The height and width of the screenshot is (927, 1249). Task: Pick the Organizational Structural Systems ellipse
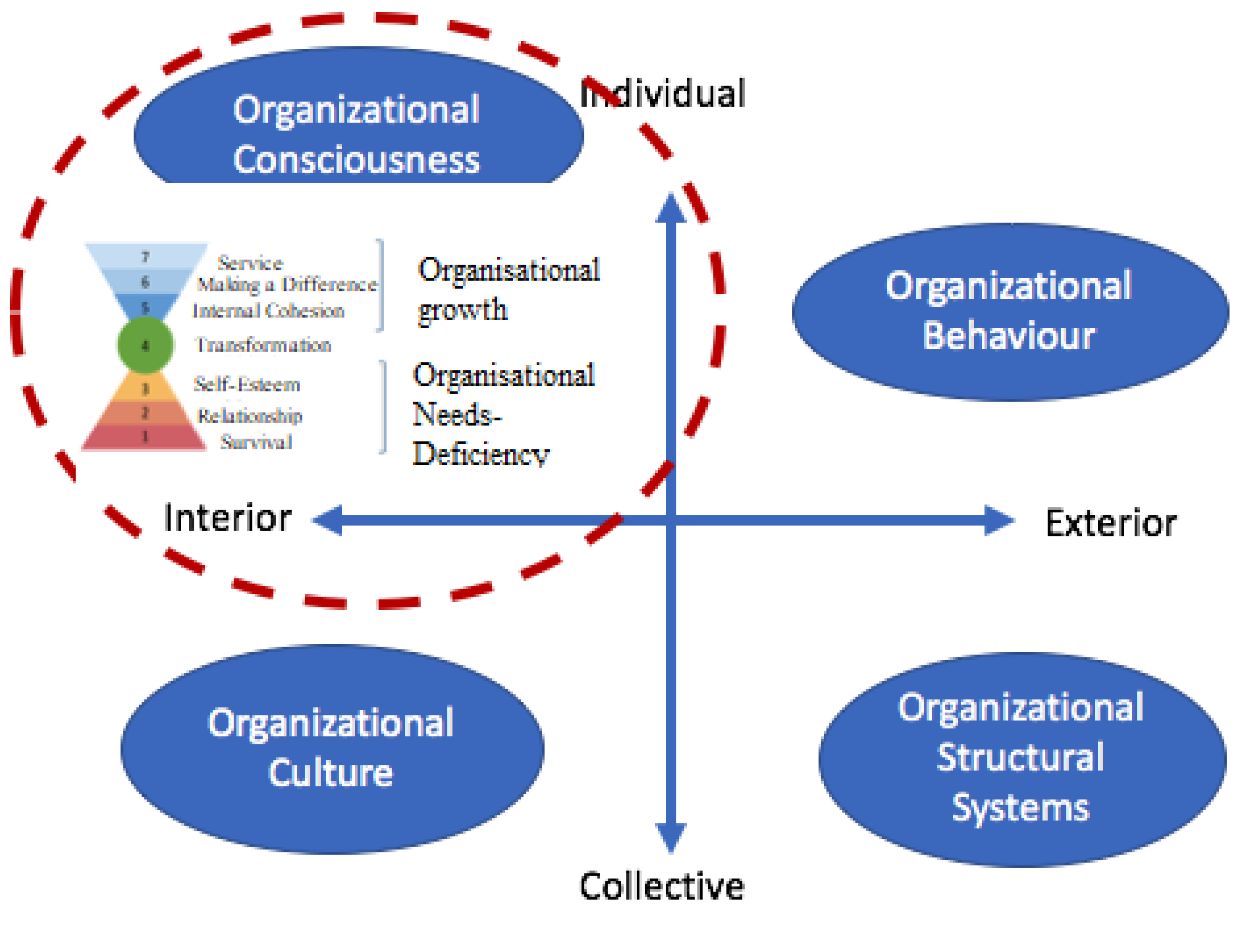coord(1021,758)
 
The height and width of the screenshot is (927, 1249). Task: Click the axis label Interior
coord(227,518)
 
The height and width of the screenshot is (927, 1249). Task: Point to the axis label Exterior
coord(1111,523)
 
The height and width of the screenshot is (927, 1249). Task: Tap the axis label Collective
coord(662,887)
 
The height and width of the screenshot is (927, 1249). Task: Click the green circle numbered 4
coord(145,345)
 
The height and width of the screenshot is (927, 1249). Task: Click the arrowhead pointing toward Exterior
coord(999,521)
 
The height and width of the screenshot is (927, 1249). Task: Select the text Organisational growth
coord(508,289)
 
